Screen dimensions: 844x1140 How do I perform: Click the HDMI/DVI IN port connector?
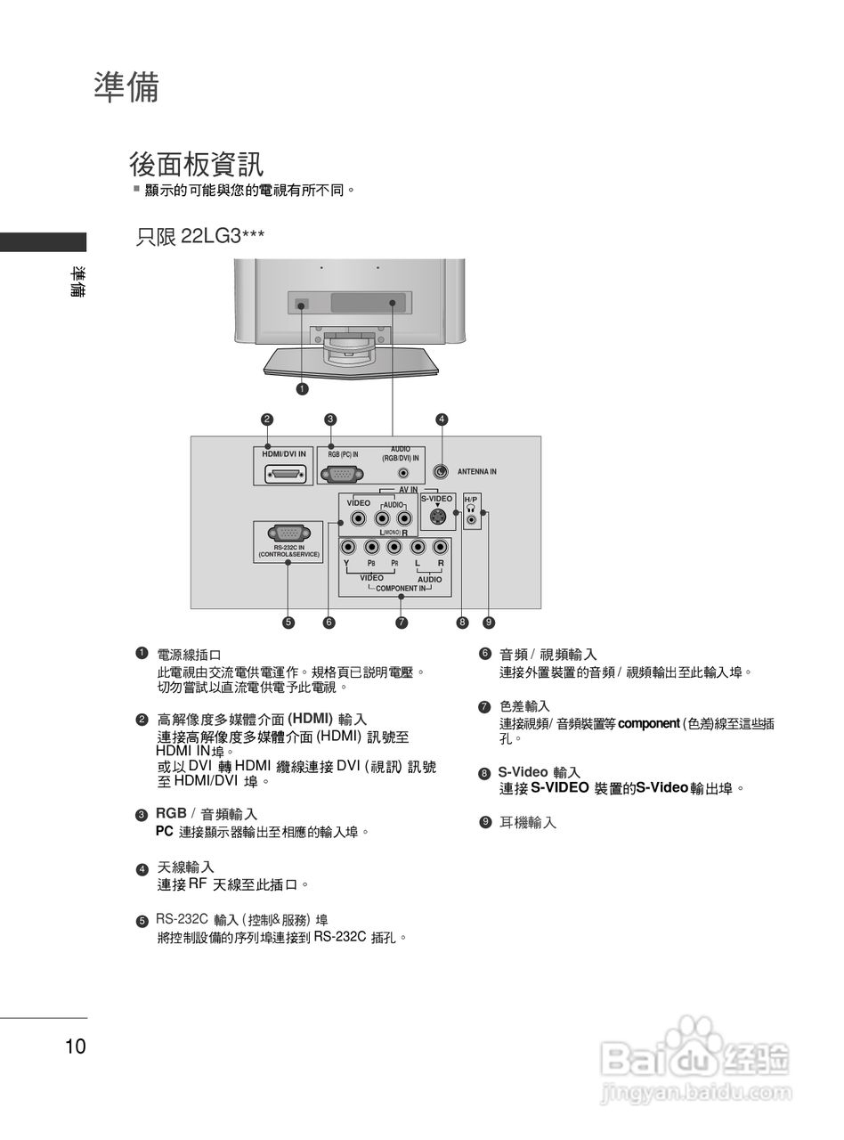click(284, 473)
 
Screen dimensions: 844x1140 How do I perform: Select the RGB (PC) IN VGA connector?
click(342, 473)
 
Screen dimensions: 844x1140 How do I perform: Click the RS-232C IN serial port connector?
click(288, 533)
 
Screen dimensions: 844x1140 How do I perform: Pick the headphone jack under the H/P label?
click(472, 518)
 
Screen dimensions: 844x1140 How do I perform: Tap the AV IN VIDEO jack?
click(358, 519)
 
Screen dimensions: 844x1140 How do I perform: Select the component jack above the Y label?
click(348, 549)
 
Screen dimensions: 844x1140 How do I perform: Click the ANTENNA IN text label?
click(476, 471)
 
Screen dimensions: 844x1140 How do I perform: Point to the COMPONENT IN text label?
click(400, 589)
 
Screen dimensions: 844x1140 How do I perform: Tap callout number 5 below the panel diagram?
click(288, 623)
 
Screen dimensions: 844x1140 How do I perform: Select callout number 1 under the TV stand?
click(303, 388)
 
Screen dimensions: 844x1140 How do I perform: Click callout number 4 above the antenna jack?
click(442, 419)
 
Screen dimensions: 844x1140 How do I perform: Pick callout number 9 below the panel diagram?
click(488, 623)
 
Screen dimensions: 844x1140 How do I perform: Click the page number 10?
click(76, 1046)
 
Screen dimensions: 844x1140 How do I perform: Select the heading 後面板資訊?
click(196, 165)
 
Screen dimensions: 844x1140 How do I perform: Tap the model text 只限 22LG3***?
click(200, 236)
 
